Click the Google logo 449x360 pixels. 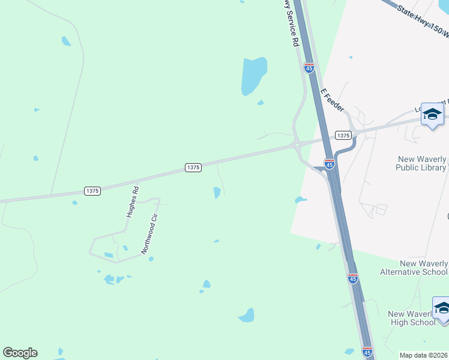(20, 353)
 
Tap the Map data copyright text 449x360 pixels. (423, 355)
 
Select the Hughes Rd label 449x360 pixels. (133, 202)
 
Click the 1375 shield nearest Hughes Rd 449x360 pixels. (92, 191)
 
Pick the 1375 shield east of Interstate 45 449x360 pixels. (343, 136)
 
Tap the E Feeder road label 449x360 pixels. (332, 100)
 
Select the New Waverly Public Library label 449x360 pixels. (421, 163)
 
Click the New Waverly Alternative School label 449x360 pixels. (414, 268)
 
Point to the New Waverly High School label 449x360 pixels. (412, 318)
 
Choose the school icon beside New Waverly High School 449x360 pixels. (442, 308)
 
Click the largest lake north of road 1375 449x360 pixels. (253, 76)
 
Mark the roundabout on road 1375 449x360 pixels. (297, 144)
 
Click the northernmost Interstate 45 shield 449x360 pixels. (309, 68)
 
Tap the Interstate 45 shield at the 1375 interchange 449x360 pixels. (329, 163)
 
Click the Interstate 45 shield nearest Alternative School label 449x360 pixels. (352, 278)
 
